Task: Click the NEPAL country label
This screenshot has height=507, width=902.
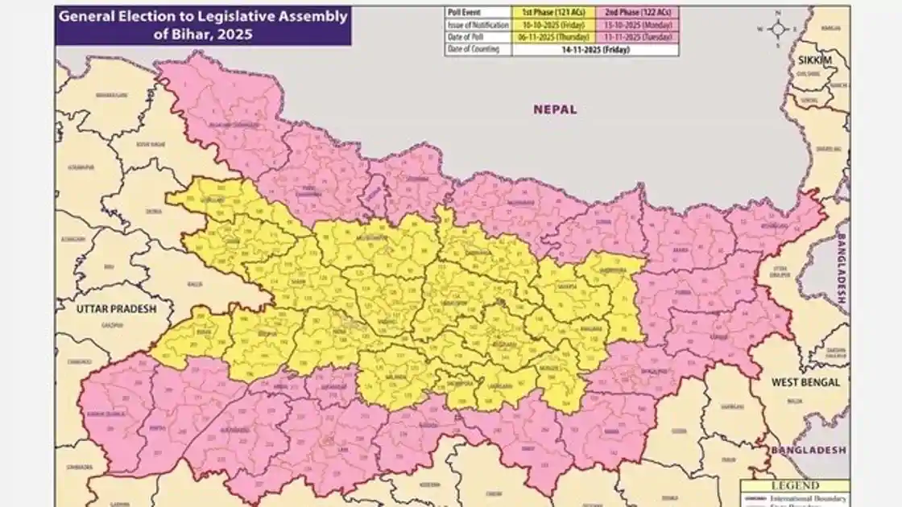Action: click(555, 109)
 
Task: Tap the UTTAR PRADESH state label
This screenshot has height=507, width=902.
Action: click(116, 308)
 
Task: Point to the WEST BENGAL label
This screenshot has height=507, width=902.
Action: click(806, 382)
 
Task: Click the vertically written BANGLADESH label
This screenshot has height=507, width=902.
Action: click(840, 269)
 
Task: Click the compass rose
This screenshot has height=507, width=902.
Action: click(778, 28)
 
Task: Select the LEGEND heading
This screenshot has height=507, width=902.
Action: click(794, 485)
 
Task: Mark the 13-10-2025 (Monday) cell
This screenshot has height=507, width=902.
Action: click(636, 26)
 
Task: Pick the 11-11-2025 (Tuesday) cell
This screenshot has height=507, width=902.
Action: click(636, 38)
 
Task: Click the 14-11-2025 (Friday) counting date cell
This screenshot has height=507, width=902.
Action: click(595, 50)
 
